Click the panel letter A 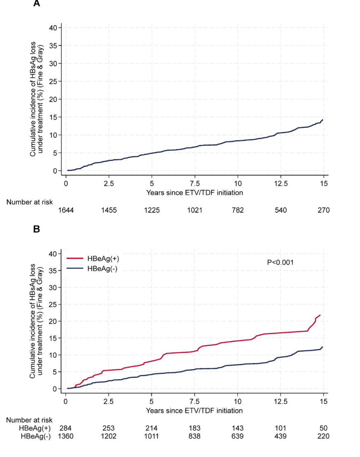click(x=36, y=3)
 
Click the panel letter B click(x=36, y=229)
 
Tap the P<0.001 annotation click(x=280, y=262)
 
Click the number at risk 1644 click(x=66, y=210)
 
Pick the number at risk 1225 click(x=152, y=210)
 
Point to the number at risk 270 click(x=324, y=210)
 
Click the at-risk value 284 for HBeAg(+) click(x=65, y=428)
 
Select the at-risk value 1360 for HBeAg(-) click(x=65, y=436)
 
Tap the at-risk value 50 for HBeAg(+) click(x=324, y=428)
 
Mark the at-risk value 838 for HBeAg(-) click(x=194, y=436)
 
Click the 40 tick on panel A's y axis click(x=53, y=28)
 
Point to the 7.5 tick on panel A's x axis click(x=195, y=184)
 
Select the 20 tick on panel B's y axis click(x=53, y=321)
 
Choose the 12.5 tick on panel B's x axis click(x=281, y=401)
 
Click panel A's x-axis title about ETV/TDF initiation click(x=194, y=193)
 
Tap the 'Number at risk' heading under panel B click(x=29, y=420)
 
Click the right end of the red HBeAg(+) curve click(x=320, y=315)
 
